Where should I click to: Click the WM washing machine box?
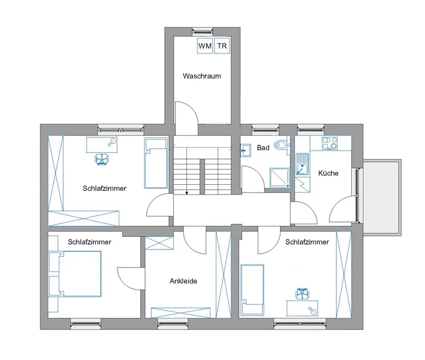pos(205,46)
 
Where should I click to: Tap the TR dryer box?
pos(222,46)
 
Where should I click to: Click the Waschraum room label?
pos(202,76)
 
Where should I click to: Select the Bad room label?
pos(263,148)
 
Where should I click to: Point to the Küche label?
pos(328,173)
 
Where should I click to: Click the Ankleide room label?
pos(183,281)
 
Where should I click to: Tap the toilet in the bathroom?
pos(281,145)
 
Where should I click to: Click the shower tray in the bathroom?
pos(280,178)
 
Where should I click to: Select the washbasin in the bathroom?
pos(245,150)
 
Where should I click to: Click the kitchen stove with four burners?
pos(330,143)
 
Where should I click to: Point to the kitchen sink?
pos(302,165)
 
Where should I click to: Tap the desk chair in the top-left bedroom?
pos(102,159)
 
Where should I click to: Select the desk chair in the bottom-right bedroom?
pos(302,294)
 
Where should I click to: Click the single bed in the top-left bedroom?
pos(156,163)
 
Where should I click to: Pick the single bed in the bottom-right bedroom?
pos(252,290)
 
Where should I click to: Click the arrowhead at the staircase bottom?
pos(187,193)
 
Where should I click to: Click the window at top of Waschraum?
pos(202,32)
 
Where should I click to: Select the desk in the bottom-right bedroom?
pos(302,308)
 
